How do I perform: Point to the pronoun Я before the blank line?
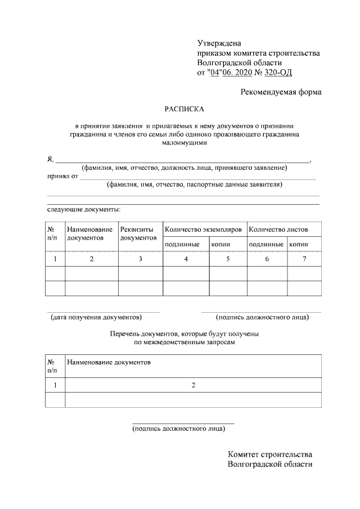49,160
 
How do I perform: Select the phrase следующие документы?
84,209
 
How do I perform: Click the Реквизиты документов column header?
138,234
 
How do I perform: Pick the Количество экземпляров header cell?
203,229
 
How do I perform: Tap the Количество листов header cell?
278,229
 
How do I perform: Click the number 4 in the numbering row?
186,259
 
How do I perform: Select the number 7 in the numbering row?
304,259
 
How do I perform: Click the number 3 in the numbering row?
140,259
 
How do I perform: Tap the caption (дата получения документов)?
96,317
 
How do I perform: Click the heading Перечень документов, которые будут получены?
184,334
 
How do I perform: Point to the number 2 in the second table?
193,385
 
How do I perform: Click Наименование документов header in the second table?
109,362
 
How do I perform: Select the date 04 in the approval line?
214,73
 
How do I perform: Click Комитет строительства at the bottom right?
270,454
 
